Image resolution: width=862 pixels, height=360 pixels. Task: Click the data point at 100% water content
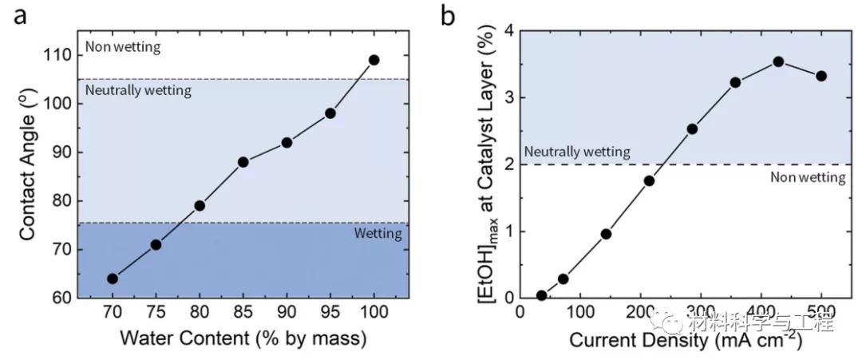pyautogui.click(x=374, y=60)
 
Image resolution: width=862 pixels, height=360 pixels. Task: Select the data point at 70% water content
pyautogui.click(x=113, y=279)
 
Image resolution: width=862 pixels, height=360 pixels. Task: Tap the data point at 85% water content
pyautogui.click(x=243, y=162)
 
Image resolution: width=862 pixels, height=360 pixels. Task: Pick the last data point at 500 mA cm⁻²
pyautogui.click(x=821, y=76)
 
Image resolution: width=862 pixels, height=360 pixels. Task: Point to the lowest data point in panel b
pyautogui.click(x=541, y=295)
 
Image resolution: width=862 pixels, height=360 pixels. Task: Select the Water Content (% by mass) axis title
pyautogui.click(x=243, y=338)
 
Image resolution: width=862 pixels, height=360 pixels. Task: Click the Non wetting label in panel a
pyautogui.click(x=122, y=47)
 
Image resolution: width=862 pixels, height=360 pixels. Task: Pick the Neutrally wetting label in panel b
pyautogui.click(x=577, y=152)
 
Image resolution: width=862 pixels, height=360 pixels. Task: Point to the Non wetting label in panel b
pyautogui.click(x=807, y=177)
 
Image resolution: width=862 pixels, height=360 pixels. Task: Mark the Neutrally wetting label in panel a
pyautogui.click(x=137, y=90)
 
